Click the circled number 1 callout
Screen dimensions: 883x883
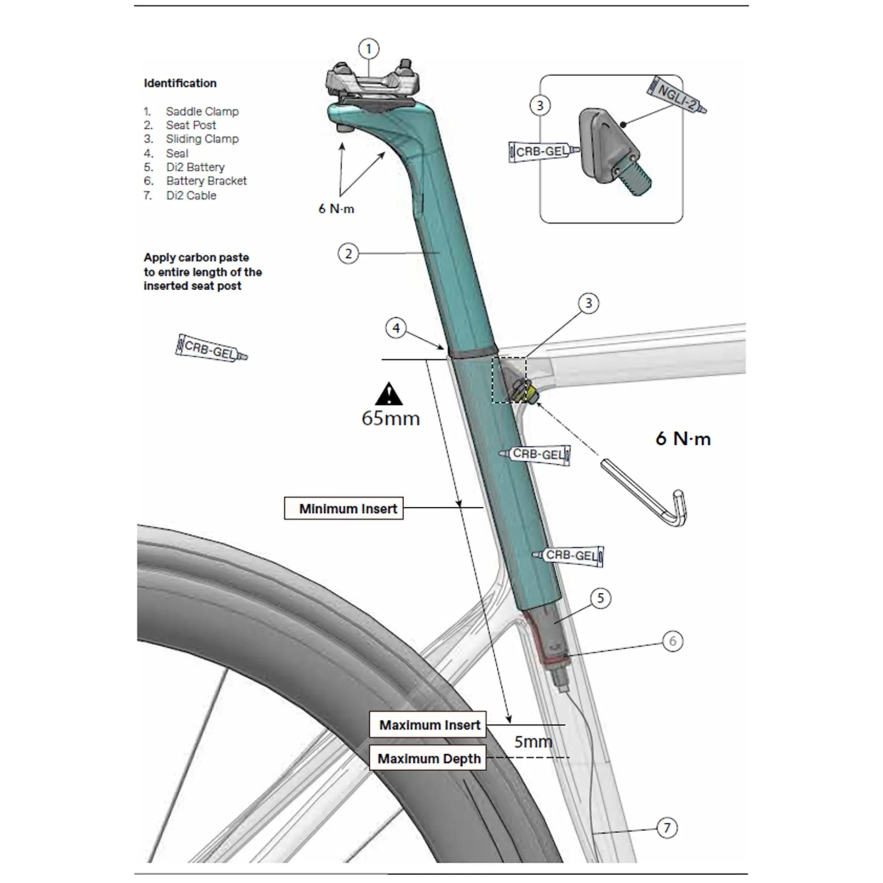tap(368, 49)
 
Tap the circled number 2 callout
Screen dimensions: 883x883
tap(348, 253)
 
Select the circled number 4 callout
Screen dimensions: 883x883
tap(396, 328)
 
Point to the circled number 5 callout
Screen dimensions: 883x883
tap(601, 598)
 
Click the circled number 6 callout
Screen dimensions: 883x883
tap(673, 641)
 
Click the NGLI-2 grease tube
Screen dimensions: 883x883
tap(676, 94)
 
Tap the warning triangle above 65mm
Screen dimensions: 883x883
tap(389, 394)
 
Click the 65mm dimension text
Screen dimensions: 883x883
tap(390, 419)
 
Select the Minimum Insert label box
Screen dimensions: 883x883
tap(344, 508)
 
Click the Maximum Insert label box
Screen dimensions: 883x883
tap(428, 725)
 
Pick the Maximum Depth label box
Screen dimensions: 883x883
tap(428, 759)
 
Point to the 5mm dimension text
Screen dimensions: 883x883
tap(533, 742)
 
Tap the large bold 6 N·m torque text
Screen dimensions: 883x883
tap(683, 439)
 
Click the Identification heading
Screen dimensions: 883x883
tap(180, 83)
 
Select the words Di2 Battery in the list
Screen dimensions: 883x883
tap(195, 167)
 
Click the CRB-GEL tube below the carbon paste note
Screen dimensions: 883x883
tap(211, 348)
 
